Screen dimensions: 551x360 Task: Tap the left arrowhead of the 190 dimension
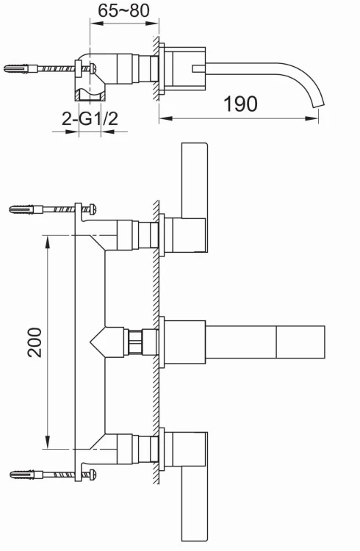pos(166,116)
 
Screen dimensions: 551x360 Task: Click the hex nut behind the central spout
pos(135,342)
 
